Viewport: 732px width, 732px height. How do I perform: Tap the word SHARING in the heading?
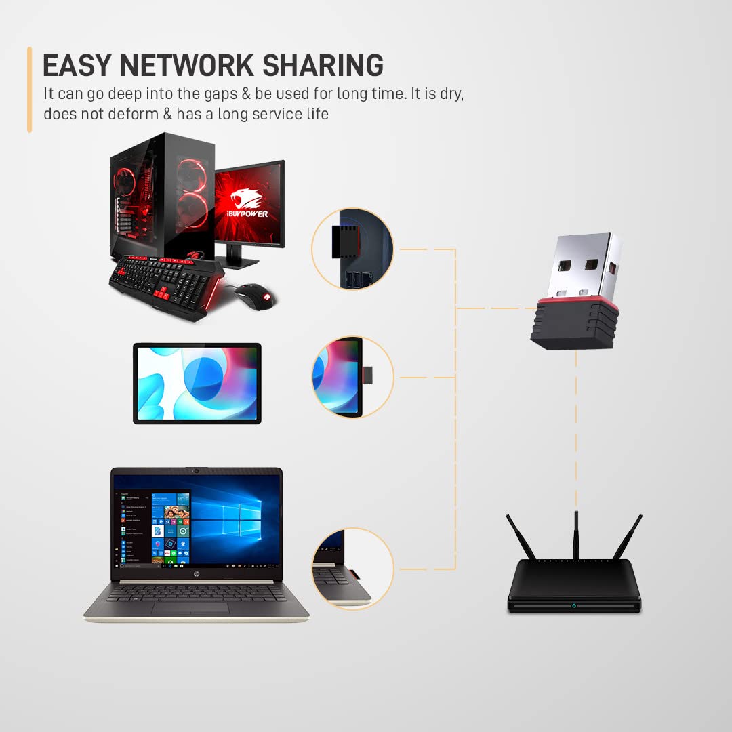point(323,65)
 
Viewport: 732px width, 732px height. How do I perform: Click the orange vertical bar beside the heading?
point(30,89)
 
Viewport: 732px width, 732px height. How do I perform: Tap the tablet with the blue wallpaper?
point(197,383)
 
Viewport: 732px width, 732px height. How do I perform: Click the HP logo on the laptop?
point(196,573)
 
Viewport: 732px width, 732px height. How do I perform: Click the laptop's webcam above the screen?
point(197,470)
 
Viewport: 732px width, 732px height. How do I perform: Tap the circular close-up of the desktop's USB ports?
point(352,249)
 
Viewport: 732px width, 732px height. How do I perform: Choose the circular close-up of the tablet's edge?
point(352,377)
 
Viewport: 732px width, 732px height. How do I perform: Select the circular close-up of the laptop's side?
point(352,568)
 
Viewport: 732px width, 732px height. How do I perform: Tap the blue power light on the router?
point(574,604)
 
